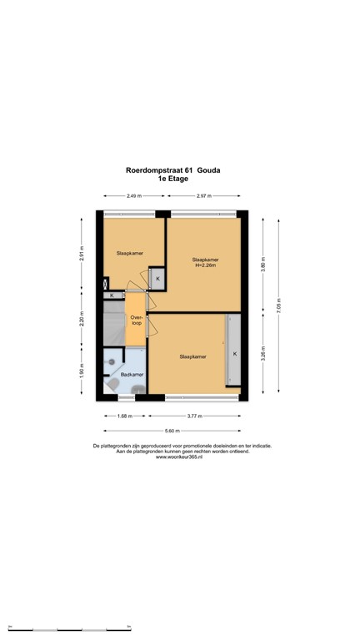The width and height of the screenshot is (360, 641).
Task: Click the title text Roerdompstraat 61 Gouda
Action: [172, 169]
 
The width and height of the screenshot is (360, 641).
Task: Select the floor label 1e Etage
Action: [172, 179]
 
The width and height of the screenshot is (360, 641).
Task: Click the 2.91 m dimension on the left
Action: [82, 253]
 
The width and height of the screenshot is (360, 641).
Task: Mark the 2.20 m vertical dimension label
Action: [82, 320]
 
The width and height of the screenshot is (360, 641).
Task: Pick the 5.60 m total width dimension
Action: [172, 431]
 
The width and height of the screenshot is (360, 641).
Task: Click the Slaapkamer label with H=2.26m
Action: [205, 262]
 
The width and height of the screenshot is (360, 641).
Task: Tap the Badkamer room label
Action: [132, 375]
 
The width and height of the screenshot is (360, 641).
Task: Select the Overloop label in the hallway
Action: [136, 319]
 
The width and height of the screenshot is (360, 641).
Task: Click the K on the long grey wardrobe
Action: [235, 354]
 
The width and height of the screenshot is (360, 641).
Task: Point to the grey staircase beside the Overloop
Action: [112, 322]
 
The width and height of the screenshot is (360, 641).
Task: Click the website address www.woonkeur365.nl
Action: [180, 457]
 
